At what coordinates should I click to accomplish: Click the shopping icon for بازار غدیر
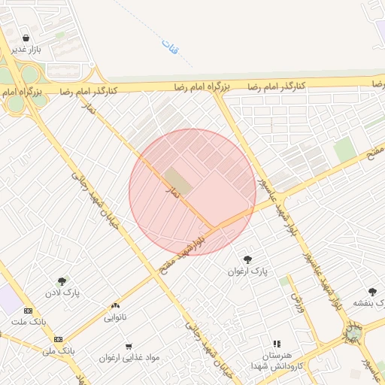coord(26,38)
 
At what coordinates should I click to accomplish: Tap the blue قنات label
coord(170,47)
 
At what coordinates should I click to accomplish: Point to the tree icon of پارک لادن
coord(62,280)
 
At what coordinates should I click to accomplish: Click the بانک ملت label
coord(28,322)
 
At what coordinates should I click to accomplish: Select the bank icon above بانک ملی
coord(58,339)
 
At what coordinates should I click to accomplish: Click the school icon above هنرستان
coord(277,344)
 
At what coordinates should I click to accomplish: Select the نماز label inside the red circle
coord(174,192)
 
